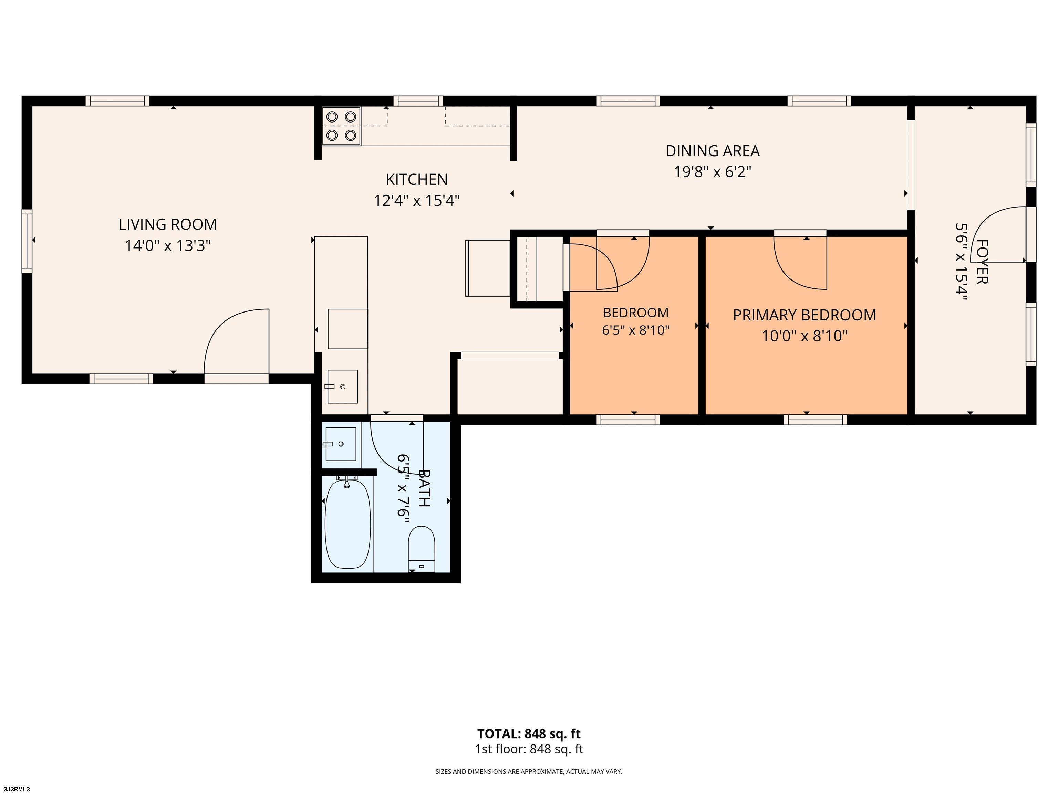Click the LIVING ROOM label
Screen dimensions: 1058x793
167,224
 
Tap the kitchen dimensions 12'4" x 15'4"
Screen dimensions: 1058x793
417,200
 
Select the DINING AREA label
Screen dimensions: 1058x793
712,151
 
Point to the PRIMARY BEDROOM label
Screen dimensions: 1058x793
805,315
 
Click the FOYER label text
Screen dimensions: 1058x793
982,262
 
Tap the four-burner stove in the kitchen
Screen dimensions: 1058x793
341,126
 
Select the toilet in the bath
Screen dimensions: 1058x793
422,549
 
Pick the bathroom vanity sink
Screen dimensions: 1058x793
341,444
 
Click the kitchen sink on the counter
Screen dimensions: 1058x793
342,386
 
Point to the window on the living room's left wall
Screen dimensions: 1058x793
27,241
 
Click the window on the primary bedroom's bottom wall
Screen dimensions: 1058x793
815,420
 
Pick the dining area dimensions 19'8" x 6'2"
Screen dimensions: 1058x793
713,172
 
